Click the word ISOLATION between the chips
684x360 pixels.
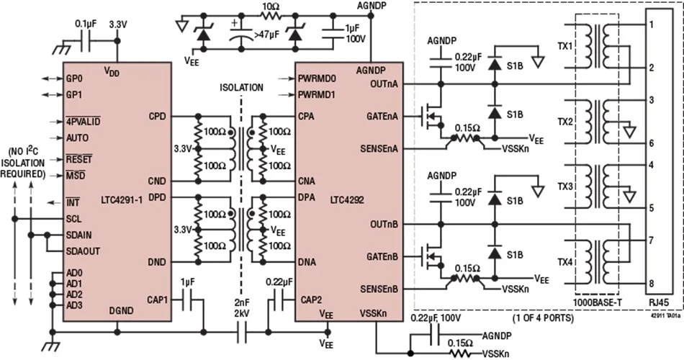coord(241,88)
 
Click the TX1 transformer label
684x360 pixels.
coord(565,46)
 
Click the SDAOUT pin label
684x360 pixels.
coord(83,251)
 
